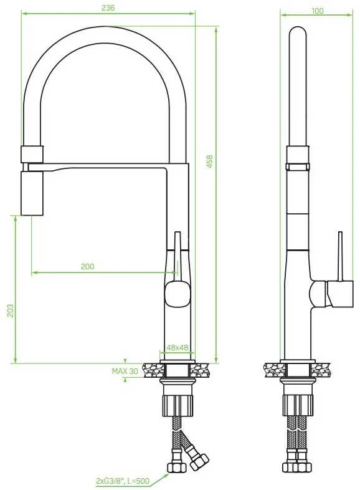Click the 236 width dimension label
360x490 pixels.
[x=108, y=7]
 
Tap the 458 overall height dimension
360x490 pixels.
[x=210, y=161]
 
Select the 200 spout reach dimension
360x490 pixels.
[x=87, y=266]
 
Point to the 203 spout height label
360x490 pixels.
[x=11, y=310]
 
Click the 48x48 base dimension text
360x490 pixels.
[x=177, y=347]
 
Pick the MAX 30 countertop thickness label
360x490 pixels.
[x=125, y=372]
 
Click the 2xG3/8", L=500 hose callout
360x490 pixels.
[x=123, y=481]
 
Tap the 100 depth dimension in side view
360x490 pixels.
[x=318, y=11]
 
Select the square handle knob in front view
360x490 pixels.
[x=178, y=294]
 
